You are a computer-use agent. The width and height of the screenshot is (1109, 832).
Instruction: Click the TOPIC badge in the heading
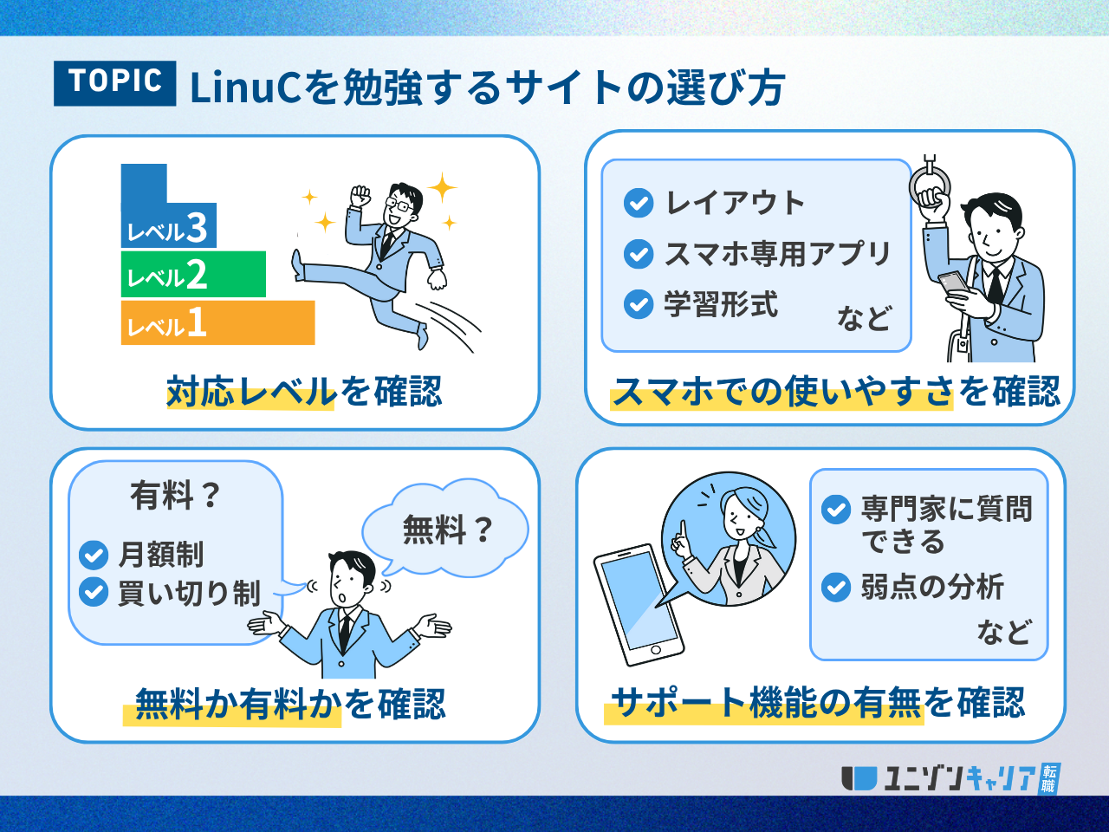114,83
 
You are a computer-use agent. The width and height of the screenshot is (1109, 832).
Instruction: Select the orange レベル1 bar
217,322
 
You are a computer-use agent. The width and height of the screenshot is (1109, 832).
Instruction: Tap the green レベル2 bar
193,275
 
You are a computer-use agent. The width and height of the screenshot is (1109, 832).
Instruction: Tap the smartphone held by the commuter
954,283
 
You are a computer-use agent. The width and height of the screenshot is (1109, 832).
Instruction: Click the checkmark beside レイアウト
639,203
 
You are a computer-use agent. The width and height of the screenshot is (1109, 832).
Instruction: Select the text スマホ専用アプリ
777,254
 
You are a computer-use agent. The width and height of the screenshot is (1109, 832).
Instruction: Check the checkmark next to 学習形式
639,304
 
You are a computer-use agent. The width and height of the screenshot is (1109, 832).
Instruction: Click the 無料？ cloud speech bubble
445,529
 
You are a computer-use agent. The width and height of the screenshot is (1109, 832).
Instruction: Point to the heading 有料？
175,496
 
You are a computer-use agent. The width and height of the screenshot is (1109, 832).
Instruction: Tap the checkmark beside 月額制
94,555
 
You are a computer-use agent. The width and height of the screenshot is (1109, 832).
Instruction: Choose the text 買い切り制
190,593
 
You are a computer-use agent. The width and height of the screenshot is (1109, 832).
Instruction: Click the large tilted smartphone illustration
639,605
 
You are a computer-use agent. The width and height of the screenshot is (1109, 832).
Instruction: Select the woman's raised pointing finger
683,530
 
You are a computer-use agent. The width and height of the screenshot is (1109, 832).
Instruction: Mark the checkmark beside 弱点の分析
836,587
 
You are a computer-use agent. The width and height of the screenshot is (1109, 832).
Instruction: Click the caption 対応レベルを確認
304,391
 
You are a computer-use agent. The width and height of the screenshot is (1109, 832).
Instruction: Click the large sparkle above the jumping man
443,187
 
